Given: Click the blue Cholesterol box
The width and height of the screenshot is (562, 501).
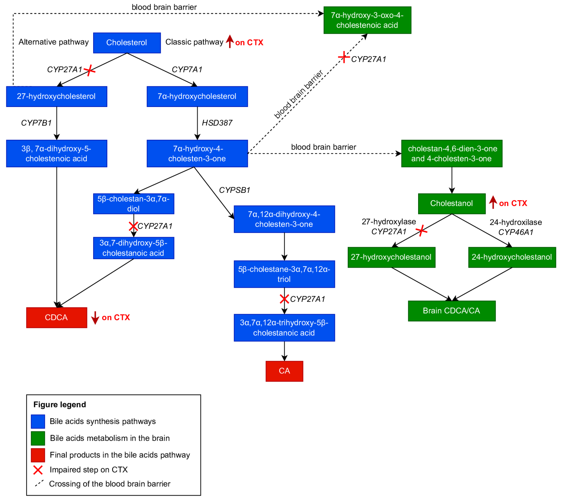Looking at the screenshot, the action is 127,43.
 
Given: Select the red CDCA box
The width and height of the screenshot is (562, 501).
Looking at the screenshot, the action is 57,317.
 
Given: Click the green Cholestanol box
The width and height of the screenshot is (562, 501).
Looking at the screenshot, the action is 452,204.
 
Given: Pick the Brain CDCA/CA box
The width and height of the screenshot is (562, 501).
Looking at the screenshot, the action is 452,311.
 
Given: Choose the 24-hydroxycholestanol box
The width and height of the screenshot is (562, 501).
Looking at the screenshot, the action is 512,257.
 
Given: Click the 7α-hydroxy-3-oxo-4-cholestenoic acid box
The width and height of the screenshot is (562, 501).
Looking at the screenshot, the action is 367,20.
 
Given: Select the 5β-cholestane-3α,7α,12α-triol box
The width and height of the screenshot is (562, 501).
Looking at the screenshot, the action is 284,274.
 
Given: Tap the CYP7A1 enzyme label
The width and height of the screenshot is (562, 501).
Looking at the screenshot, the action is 187,69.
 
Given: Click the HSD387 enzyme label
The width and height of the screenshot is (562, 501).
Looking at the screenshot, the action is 217,123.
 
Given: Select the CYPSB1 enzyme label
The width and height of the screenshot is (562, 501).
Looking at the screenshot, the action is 235,190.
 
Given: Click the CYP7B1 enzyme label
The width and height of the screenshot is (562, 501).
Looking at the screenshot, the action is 36,123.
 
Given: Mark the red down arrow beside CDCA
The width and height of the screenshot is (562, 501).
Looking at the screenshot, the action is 95,318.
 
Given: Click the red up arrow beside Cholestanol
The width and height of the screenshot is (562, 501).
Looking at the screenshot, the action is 493,202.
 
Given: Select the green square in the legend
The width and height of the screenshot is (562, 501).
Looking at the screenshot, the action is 38,438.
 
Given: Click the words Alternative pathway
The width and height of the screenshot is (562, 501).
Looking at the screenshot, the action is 54,42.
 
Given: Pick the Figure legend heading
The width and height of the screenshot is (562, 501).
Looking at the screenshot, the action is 60,404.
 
